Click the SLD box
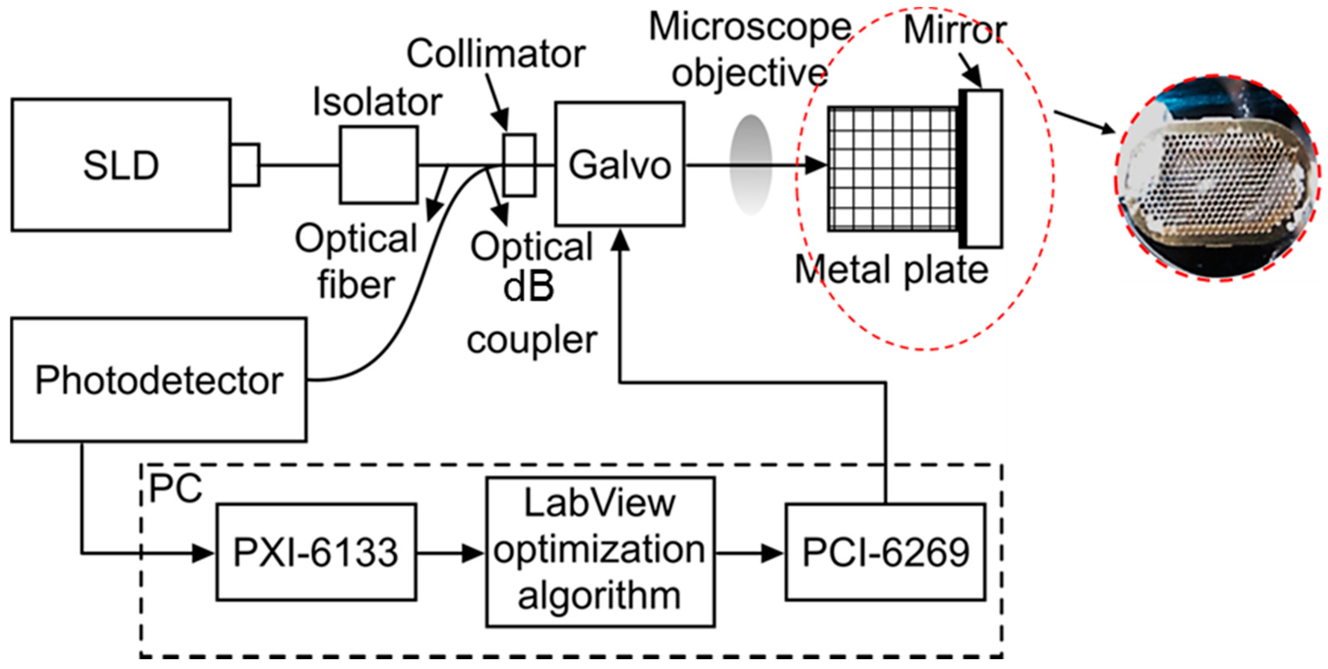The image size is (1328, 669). click(x=121, y=165)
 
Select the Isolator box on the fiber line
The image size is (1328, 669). click(x=379, y=165)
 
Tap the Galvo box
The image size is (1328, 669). click(x=620, y=164)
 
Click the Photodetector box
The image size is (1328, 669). click(x=159, y=380)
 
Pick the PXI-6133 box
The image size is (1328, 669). click(x=316, y=552)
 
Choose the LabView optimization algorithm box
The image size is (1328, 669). click(x=600, y=552)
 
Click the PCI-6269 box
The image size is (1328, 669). click(x=885, y=552)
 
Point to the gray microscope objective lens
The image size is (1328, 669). click(x=751, y=164)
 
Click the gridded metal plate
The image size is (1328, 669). click(x=892, y=169)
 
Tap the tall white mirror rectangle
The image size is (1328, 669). click(x=984, y=169)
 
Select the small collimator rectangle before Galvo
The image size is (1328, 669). click(x=519, y=165)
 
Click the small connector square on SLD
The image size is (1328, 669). click(x=245, y=165)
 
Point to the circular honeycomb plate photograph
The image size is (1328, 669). click(x=1218, y=177)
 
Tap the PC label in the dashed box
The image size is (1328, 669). click(x=175, y=488)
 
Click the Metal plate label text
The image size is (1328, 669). click(x=891, y=270)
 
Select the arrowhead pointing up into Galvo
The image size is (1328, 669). click(x=620, y=240)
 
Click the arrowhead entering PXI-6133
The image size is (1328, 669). click(x=203, y=554)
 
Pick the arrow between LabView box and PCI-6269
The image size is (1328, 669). click(x=750, y=554)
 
